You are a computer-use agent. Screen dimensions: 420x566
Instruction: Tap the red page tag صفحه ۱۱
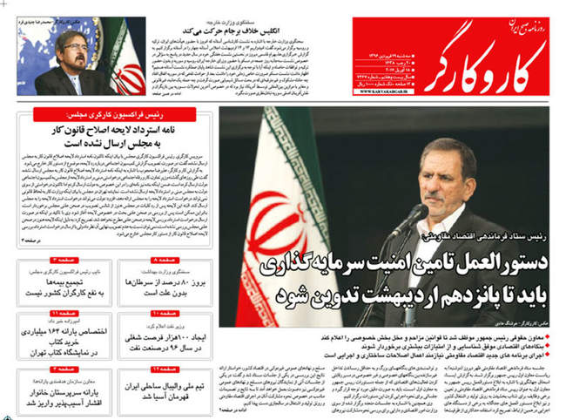click(x=58, y=311)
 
